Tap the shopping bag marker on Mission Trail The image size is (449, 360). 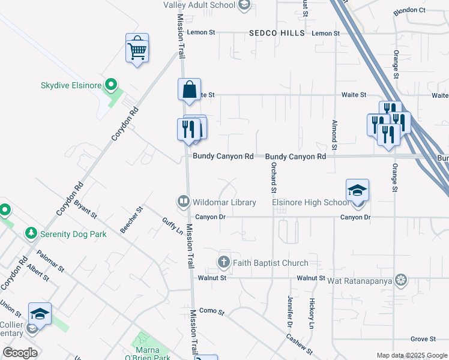pyautogui.click(x=189, y=91)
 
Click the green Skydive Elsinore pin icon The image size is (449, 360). pyautogui.click(x=110, y=85)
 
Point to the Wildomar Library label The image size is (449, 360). pyautogui.click(x=224, y=202)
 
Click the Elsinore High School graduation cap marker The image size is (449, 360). pyautogui.click(x=357, y=191)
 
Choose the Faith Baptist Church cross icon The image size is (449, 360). pyautogui.click(x=223, y=262)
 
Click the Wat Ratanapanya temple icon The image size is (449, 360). pyautogui.click(x=401, y=280)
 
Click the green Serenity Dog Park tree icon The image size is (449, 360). pyautogui.click(x=31, y=233)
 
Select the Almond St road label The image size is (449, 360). pyautogui.click(x=334, y=134)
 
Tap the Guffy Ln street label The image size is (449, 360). pyautogui.click(x=172, y=225)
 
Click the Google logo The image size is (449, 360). pyautogui.click(x=20, y=353)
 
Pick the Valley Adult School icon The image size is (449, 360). pyautogui.click(x=244, y=5)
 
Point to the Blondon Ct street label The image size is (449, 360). pyautogui.click(x=409, y=10)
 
